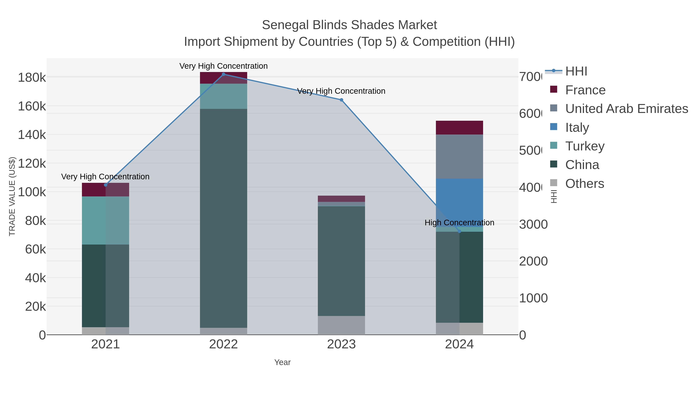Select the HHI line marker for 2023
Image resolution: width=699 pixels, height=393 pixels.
coord(341,100)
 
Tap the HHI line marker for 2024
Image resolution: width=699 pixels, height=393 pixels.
coord(459,231)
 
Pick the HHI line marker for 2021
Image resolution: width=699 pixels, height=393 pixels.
coord(106,185)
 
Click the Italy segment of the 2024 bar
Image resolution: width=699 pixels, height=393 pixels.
coord(459,202)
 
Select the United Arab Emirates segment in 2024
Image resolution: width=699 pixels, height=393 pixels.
coord(459,156)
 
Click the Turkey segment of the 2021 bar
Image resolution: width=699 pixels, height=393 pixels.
coord(106,220)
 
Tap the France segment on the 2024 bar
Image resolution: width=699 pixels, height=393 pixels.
coord(459,128)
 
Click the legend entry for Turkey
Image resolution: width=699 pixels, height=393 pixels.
coord(585,146)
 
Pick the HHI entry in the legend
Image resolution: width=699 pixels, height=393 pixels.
coord(576,71)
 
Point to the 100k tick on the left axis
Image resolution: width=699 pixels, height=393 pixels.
coord(32,192)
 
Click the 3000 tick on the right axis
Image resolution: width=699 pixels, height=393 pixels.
coord(533,224)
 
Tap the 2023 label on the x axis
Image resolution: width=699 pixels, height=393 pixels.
coord(341,344)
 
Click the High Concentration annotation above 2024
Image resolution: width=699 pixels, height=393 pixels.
coord(459,222)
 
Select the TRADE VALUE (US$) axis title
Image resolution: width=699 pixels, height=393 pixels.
coord(12,196)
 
